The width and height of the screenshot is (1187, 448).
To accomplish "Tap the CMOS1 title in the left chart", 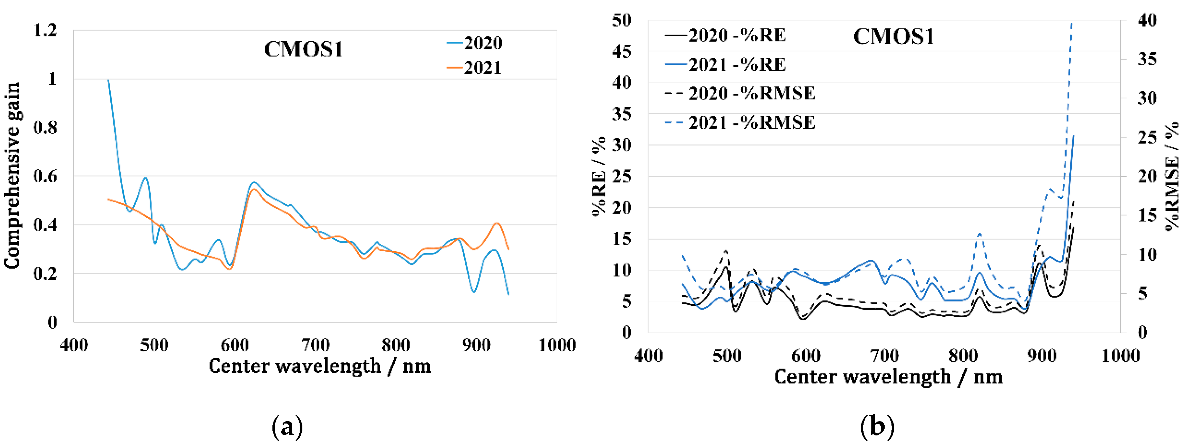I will click(x=303, y=49).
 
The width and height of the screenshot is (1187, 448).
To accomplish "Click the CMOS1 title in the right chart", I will click(x=893, y=37).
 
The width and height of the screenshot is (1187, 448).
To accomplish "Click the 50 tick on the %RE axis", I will click(x=622, y=20).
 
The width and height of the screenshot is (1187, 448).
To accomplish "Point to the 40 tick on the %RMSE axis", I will click(x=1147, y=20).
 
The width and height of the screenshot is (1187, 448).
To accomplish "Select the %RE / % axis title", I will click(x=599, y=176).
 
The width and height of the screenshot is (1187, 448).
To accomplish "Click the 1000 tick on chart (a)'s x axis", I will click(x=557, y=345).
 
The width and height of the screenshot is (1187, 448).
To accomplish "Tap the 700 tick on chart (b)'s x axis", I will click(x=884, y=356).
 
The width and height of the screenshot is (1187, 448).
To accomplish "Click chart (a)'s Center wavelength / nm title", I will click(x=320, y=366).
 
